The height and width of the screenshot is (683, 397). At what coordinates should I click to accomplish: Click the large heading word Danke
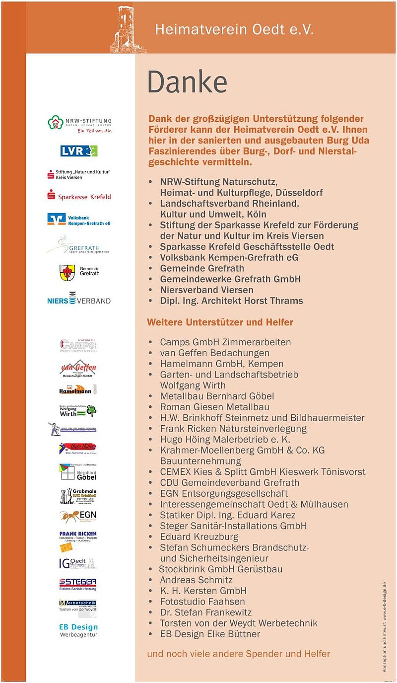tap(187, 82)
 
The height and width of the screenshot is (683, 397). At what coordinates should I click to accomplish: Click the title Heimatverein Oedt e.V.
tap(234, 29)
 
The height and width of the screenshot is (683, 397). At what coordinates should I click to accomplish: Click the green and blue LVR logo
tap(79, 151)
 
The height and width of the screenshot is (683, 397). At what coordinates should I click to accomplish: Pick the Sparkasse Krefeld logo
tap(79, 196)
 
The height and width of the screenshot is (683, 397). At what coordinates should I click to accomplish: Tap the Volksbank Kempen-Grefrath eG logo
tap(79, 219)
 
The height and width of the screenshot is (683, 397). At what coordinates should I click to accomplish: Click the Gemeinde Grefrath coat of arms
tap(67, 272)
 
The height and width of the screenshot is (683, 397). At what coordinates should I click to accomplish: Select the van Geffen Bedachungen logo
tap(78, 369)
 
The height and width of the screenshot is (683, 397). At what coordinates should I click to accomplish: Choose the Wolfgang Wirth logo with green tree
tap(78, 411)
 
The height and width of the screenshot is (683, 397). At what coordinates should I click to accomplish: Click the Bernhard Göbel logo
tap(78, 472)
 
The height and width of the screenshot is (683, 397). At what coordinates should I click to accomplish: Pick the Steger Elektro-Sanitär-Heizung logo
tap(78, 584)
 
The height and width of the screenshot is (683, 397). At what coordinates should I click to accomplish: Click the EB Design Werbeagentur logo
tap(78, 630)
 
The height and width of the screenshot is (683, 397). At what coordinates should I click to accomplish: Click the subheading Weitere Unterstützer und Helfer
tap(220, 322)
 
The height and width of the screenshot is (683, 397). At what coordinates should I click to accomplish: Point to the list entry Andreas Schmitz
tap(196, 580)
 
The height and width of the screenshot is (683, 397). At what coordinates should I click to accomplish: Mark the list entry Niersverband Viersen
tap(206, 290)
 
